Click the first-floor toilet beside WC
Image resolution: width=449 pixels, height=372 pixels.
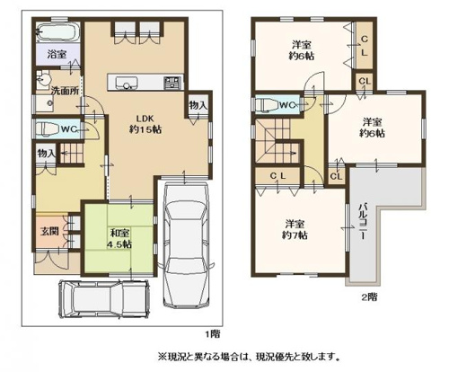(x=45, y=128)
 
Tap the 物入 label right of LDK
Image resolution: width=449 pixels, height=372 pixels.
(x=198, y=106)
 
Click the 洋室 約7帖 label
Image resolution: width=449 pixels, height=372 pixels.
(x=292, y=229)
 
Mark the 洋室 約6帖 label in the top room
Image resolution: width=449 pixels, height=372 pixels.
(x=302, y=50)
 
